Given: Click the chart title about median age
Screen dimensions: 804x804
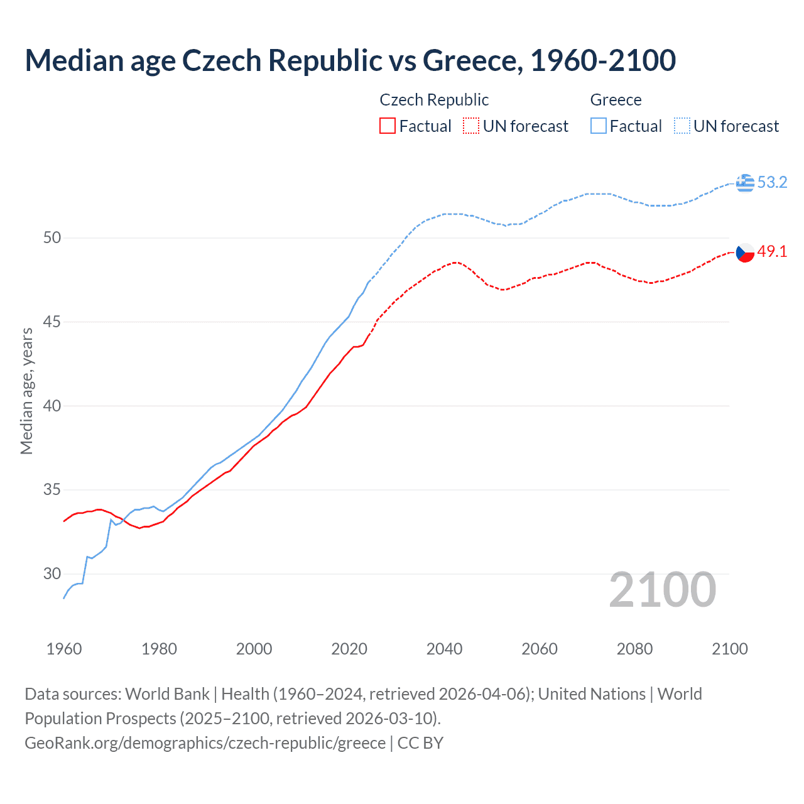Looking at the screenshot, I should click(x=350, y=60).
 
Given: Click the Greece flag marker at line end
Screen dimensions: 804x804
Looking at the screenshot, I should click(x=745, y=183).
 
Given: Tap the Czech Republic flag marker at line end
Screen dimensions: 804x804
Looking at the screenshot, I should click(x=745, y=253).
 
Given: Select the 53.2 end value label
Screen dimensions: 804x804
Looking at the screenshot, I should click(x=772, y=183).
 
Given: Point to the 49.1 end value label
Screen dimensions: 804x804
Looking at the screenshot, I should click(x=772, y=252).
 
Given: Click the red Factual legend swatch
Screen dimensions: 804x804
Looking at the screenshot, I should click(x=388, y=126).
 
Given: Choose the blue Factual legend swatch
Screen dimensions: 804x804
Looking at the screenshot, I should click(x=598, y=126).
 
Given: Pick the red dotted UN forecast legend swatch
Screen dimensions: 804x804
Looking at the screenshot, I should click(x=471, y=126).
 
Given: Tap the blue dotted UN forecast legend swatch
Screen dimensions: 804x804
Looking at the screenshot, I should click(x=682, y=126).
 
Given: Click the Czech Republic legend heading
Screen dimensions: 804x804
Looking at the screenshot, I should click(x=434, y=100).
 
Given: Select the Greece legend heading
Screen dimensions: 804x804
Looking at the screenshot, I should click(x=616, y=100).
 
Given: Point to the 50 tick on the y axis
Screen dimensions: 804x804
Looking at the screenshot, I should click(x=52, y=238).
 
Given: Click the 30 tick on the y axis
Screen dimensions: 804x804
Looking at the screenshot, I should click(x=52, y=573).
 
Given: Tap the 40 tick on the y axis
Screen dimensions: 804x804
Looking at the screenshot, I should click(x=52, y=406).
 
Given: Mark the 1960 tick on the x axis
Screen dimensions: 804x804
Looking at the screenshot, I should click(x=64, y=649).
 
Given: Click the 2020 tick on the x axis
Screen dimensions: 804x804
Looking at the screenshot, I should click(x=349, y=649).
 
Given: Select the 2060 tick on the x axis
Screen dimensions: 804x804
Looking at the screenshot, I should click(x=540, y=649).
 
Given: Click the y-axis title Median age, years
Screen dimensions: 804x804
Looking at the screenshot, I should click(x=26, y=391).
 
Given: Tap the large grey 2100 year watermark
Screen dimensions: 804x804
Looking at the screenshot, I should click(x=662, y=590).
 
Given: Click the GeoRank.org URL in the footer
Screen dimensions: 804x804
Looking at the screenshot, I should click(x=205, y=743).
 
